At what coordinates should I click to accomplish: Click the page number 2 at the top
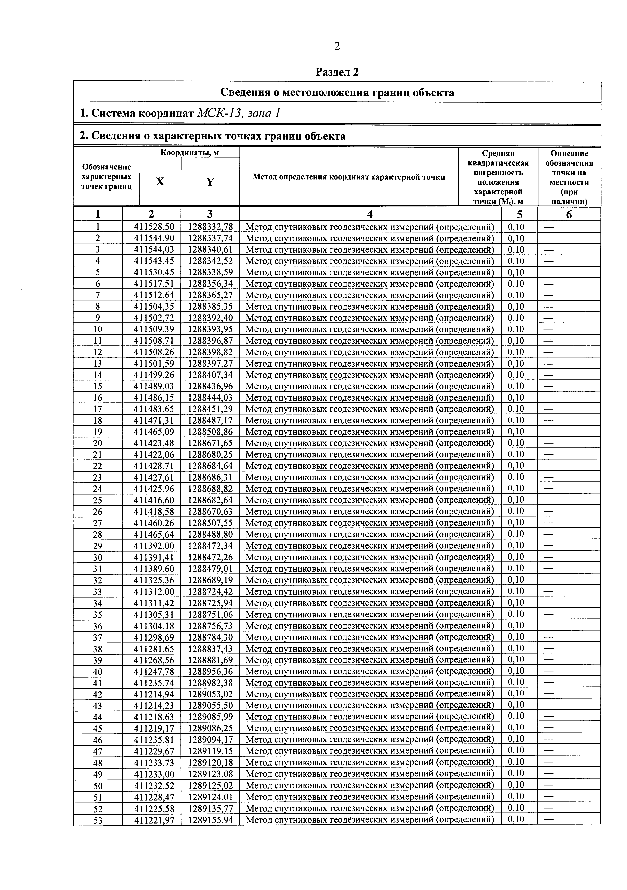pos(336,47)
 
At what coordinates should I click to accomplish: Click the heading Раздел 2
pos(337,72)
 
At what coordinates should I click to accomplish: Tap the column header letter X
pos(160,181)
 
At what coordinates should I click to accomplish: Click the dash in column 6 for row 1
pos(548,227)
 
